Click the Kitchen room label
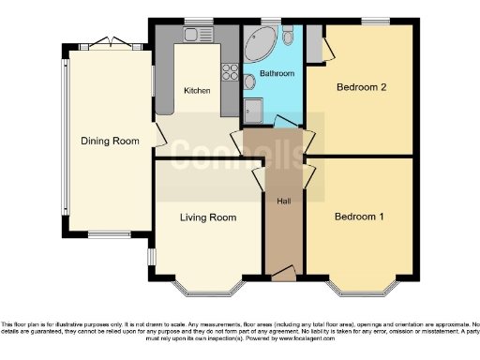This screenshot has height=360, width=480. click(x=197, y=91)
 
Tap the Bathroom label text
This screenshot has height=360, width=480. click(x=277, y=73)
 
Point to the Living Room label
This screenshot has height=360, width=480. click(x=207, y=217)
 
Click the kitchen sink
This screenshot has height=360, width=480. click(x=198, y=36)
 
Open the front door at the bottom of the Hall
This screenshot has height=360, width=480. click(x=282, y=274)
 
